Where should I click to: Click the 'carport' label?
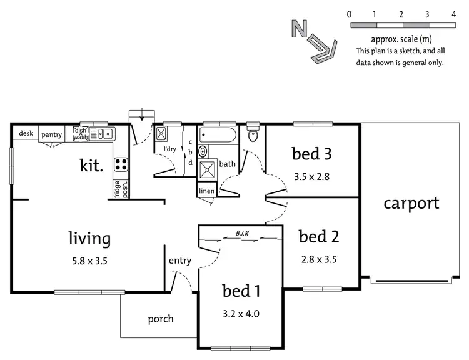point(411,203)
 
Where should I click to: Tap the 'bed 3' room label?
point(311,154)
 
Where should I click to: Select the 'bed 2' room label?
point(318,237)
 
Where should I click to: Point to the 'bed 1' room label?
point(241,291)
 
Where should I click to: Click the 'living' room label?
point(89,238)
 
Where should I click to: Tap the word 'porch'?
point(161,319)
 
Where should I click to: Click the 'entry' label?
point(180,261)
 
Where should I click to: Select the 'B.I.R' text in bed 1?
point(243,234)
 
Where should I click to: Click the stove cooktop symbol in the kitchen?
point(120,165)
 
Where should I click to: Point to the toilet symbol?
point(253,135)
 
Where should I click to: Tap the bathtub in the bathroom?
point(217,134)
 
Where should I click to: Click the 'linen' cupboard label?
point(206,191)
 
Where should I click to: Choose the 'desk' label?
point(26,133)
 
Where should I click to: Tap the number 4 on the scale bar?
point(453,14)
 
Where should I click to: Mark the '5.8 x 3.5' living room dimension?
point(89,261)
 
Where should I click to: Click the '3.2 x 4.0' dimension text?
point(241,313)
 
